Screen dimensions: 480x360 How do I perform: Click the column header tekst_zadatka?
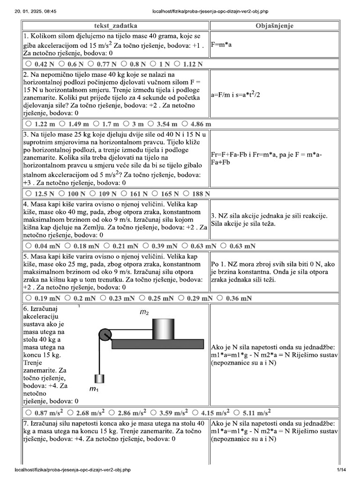point(116,26)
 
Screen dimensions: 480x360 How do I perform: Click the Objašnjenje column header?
point(275,26)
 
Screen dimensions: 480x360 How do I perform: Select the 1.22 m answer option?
point(29,124)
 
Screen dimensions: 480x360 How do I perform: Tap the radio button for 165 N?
point(154,193)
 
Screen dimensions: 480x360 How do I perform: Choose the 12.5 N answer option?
point(29,193)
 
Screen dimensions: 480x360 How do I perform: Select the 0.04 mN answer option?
point(29,245)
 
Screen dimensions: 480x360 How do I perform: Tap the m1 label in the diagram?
point(94,389)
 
